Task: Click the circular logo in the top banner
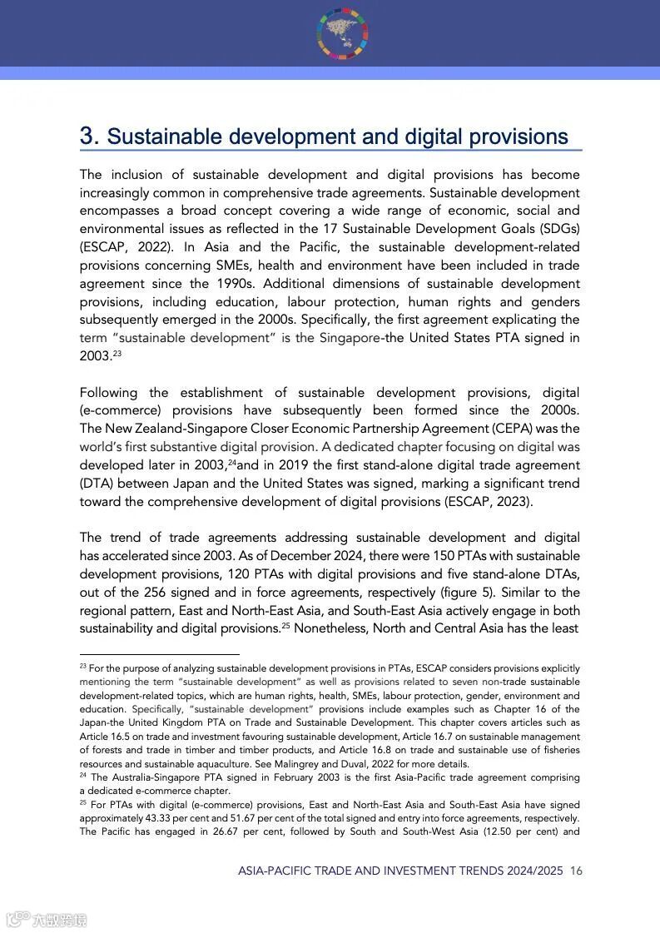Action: click(x=342, y=33)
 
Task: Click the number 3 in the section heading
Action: click(x=88, y=136)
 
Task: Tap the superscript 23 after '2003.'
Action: click(x=118, y=354)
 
